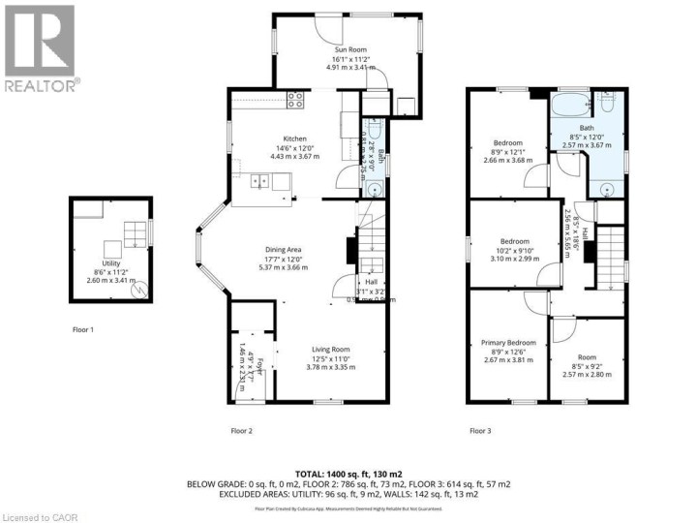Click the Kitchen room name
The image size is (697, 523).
[294, 138]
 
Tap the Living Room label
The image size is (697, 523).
[330, 349]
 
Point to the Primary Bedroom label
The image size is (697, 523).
[508, 343]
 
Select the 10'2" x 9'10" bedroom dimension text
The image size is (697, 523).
[514, 250]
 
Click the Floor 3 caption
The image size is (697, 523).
[480, 430]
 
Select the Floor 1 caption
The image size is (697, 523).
[83, 329]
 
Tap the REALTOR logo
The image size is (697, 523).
[40, 48]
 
